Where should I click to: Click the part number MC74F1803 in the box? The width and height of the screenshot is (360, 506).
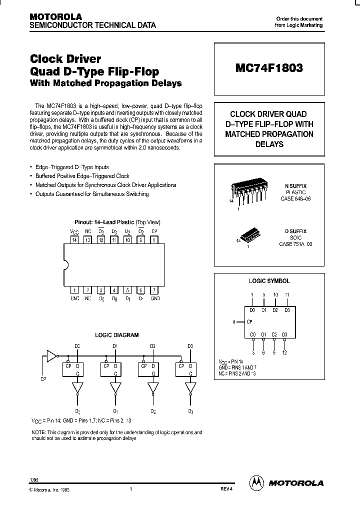(x=269, y=68)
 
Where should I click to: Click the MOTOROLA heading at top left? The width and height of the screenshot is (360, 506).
(x=57, y=16)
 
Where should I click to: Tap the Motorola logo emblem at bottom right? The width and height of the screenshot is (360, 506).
(x=257, y=482)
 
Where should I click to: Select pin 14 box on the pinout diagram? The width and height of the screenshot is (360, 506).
(x=74, y=240)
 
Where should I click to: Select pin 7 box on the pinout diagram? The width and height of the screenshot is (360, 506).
(x=155, y=290)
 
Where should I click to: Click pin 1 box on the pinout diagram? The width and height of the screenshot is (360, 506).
(x=74, y=290)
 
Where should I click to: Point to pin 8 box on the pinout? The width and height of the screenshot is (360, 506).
(x=155, y=240)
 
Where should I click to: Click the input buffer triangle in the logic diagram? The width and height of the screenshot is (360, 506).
(x=51, y=356)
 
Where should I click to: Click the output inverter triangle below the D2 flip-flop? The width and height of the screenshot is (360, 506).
(x=152, y=388)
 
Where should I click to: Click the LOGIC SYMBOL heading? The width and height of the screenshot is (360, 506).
(x=269, y=281)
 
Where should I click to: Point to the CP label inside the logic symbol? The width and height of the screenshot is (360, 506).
(x=251, y=322)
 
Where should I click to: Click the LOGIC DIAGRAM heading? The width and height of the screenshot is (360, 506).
(x=117, y=335)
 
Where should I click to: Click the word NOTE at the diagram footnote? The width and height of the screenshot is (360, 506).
(x=38, y=432)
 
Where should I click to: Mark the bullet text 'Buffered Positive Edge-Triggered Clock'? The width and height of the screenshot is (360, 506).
(x=82, y=176)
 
